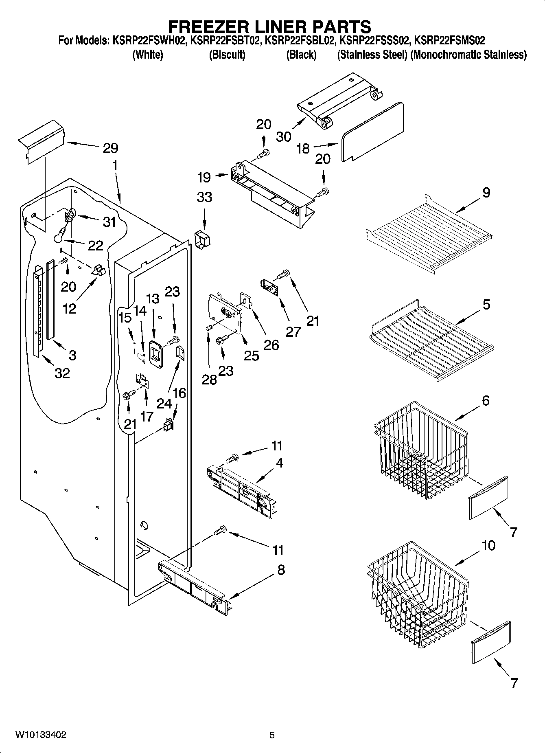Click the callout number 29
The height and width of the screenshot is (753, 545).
(x=110, y=148)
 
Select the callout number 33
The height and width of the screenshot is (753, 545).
(x=204, y=197)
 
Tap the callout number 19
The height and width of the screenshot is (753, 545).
(x=204, y=177)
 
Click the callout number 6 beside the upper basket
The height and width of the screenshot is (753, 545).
(x=486, y=400)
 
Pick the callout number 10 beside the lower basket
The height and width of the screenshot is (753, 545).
(x=488, y=545)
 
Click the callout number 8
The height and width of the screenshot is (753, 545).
(x=281, y=570)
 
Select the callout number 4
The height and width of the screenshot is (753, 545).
(x=279, y=463)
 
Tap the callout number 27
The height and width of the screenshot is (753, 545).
(x=293, y=332)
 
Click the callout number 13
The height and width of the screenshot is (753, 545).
(x=153, y=299)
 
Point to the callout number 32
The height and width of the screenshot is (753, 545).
(x=62, y=373)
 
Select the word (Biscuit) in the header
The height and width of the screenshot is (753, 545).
(x=227, y=55)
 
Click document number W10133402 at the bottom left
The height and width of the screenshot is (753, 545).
(x=41, y=735)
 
